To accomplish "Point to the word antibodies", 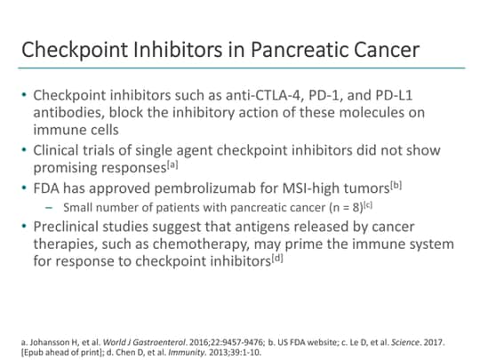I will pos(66,112).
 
